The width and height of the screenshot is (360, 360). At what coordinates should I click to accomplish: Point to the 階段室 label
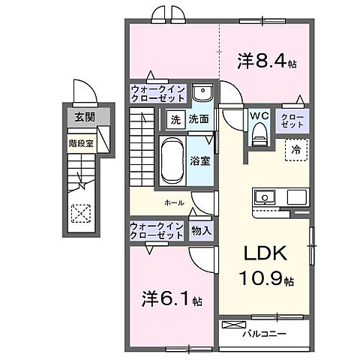pyautogui.click(x=80, y=142)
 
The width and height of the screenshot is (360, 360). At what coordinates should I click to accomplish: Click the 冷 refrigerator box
pyautogui.click(x=296, y=150)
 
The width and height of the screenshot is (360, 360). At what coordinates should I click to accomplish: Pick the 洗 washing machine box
pyautogui.click(x=174, y=118)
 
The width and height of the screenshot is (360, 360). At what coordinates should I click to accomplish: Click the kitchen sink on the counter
pyautogui.click(x=265, y=198)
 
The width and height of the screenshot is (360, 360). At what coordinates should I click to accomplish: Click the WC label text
pyautogui.click(x=259, y=116)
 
